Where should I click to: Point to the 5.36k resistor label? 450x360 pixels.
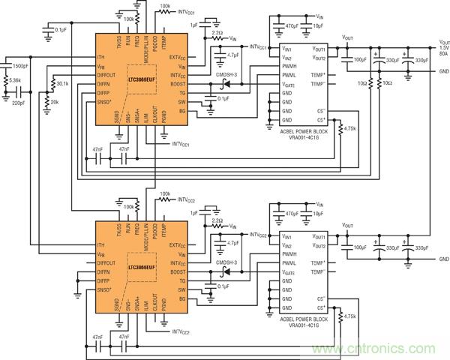click(x=16, y=80)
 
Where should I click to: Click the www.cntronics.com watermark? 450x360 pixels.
click(x=379, y=348)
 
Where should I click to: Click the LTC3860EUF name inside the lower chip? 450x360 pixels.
click(x=141, y=266)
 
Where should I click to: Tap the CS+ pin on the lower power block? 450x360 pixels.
click(x=322, y=307)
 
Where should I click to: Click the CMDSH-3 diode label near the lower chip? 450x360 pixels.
click(x=225, y=262)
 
